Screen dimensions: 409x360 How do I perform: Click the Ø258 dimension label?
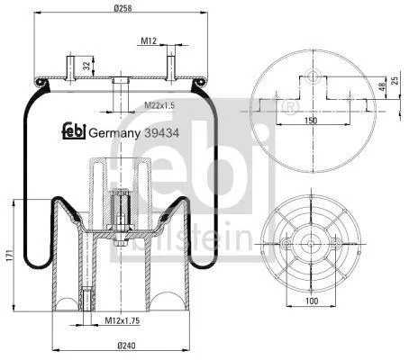pos(123,7)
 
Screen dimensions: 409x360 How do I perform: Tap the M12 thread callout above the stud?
pos(149,40)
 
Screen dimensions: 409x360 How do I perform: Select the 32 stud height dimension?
pos(86,66)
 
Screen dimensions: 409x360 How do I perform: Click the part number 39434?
pos(162,132)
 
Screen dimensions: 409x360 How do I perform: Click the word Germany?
pos(114,133)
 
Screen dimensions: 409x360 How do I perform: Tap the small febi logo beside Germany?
pos(74,130)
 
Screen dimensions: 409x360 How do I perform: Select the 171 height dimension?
pos(9,255)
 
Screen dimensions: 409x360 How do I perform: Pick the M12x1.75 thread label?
pos(123,320)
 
